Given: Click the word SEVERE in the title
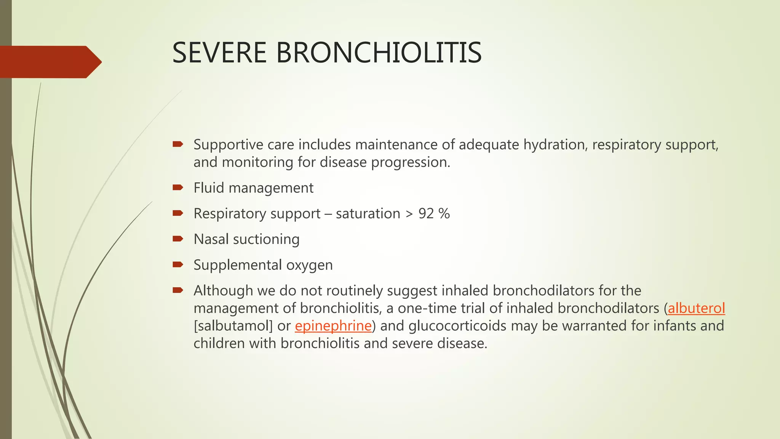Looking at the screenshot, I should pos(219,53).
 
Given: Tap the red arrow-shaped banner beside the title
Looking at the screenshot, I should pos(50,62).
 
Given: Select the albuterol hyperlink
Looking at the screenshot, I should pos(696,308).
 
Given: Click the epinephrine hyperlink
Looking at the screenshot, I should pos(333,326).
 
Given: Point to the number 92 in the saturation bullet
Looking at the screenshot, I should pos(426,213).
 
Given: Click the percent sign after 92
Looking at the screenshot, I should pos(444,213).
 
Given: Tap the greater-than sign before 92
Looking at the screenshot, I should pos(409,214).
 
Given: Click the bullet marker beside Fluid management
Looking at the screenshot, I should pos(178,187).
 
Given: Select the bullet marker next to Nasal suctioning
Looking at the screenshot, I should pos(178,239).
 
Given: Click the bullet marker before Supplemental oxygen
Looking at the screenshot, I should pos(178,264).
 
